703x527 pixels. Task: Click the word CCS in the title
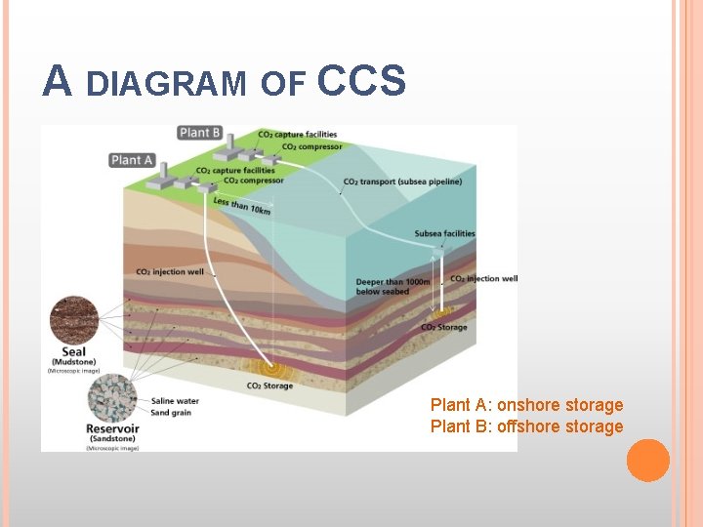[361, 82]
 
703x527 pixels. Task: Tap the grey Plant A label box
[132, 159]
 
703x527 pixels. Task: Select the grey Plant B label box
[200, 133]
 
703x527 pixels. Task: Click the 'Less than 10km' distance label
[242, 206]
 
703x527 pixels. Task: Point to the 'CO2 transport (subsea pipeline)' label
[402, 182]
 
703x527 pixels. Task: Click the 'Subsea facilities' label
[444, 233]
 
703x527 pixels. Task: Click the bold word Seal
[74, 353]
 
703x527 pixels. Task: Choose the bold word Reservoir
[112, 428]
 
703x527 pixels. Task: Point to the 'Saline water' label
[176, 401]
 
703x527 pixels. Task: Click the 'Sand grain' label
[173, 413]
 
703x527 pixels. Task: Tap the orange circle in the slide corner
[647, 461]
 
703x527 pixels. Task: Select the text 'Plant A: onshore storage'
[526, 405]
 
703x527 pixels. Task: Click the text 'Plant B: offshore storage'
[526, 426]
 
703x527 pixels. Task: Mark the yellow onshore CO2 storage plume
[265, 368]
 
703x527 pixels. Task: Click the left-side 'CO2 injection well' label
[170, 272]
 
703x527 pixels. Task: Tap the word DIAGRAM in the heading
[166, 85]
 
